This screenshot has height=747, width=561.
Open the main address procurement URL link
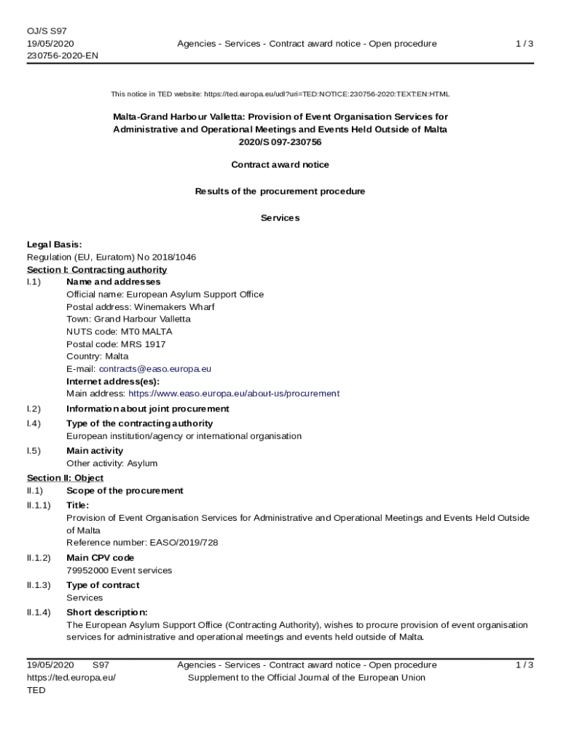point(234,393)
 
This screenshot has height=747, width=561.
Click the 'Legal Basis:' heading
point(55,244)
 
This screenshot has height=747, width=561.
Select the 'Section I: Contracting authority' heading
point(97,270)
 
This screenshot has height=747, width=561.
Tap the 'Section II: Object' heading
point(66,478)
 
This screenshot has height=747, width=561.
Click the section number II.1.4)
point(39,612)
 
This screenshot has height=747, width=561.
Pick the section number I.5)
point(34,451)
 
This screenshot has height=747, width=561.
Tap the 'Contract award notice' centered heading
point(280,165)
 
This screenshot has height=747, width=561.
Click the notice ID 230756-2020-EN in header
point(63,55)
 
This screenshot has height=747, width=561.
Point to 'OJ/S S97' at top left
point(47,31)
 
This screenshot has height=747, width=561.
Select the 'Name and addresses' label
point(114,282)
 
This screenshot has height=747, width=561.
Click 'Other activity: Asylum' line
point(111,463)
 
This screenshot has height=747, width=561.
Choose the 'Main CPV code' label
point(101,557)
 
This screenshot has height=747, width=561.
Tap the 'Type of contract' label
point(103,585)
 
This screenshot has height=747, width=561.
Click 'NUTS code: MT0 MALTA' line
point(119,331)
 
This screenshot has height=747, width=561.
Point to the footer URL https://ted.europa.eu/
point(71,678)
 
